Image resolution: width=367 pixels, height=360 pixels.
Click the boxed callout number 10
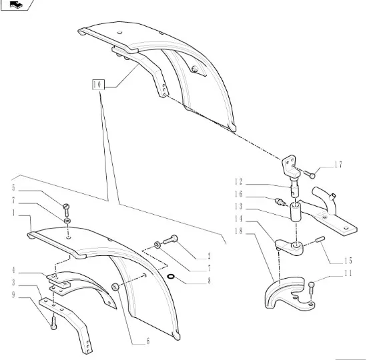coord(98,85)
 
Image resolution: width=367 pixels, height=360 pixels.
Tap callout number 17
coord(338,165)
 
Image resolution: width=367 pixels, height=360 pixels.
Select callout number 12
coord(238,181)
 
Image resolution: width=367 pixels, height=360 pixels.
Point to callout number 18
coord(238,231)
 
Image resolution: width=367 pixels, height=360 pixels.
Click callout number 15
coord(348,261)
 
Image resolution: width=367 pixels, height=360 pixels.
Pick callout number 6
coord(148,341)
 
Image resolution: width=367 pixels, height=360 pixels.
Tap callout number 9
coord(13,295)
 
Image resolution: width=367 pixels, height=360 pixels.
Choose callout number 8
coord(209,281)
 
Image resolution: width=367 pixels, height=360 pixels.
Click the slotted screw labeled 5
coord(67,210)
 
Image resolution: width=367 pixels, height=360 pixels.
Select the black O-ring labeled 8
coord(171,277)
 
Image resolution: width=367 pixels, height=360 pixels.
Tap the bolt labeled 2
coord(170,240)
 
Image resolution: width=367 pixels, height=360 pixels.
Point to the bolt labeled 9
coord(53,323)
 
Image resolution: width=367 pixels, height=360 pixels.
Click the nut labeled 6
coord(115,287)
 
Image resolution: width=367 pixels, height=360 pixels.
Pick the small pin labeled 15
coord(320,239)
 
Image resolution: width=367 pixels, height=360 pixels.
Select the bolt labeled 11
coord(311,288)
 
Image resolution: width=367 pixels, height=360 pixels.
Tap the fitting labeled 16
coord(280,202)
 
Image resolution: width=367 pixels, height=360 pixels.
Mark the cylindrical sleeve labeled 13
coord(296,212)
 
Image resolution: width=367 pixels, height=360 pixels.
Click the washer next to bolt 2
coord(157,245)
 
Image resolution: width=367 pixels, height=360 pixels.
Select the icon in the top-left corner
coord(17,5)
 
